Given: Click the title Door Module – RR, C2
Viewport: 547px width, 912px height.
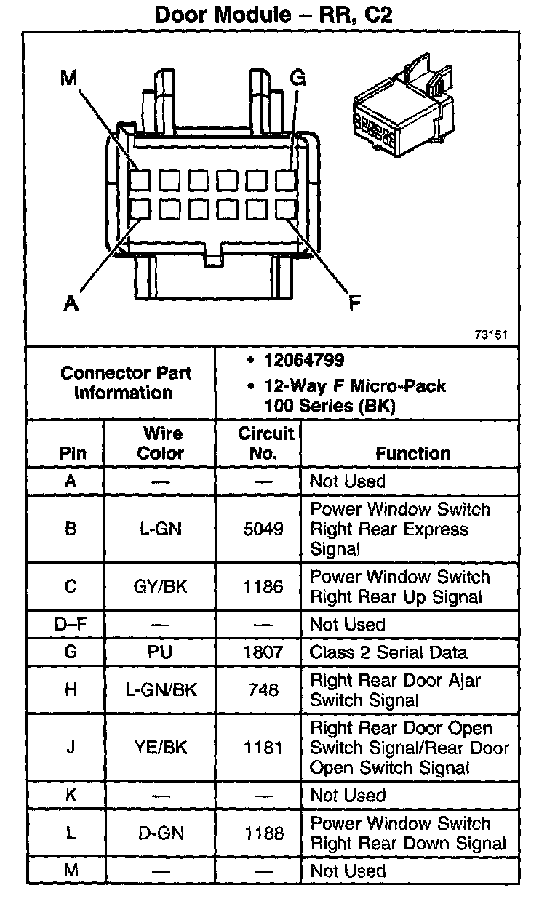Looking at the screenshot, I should click(x=273, y=14).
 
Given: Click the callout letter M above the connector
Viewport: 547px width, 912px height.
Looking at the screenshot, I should click(x=68, y=78).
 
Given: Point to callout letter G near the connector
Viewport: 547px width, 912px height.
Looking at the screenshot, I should click(x=297, y=78).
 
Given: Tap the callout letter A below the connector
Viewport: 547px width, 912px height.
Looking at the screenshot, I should click(x=71, y=303).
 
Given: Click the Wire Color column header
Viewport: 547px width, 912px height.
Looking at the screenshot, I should click(x=161, y=444).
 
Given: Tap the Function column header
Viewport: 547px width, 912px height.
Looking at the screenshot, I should click(x=413, y=453).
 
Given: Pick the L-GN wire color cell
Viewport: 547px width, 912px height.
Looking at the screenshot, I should click(x=161, y=529).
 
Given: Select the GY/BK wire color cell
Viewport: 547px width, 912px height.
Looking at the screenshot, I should click(x=161, y=586).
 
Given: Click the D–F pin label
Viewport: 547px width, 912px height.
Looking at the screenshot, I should click(x=71, y=625).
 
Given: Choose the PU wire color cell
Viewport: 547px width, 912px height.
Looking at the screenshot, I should click(x=161, y=652).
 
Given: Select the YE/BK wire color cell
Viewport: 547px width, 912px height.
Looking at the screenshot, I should click(x=161, y=747).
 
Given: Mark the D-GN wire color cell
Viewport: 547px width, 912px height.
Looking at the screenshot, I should click(x=161, y=833).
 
